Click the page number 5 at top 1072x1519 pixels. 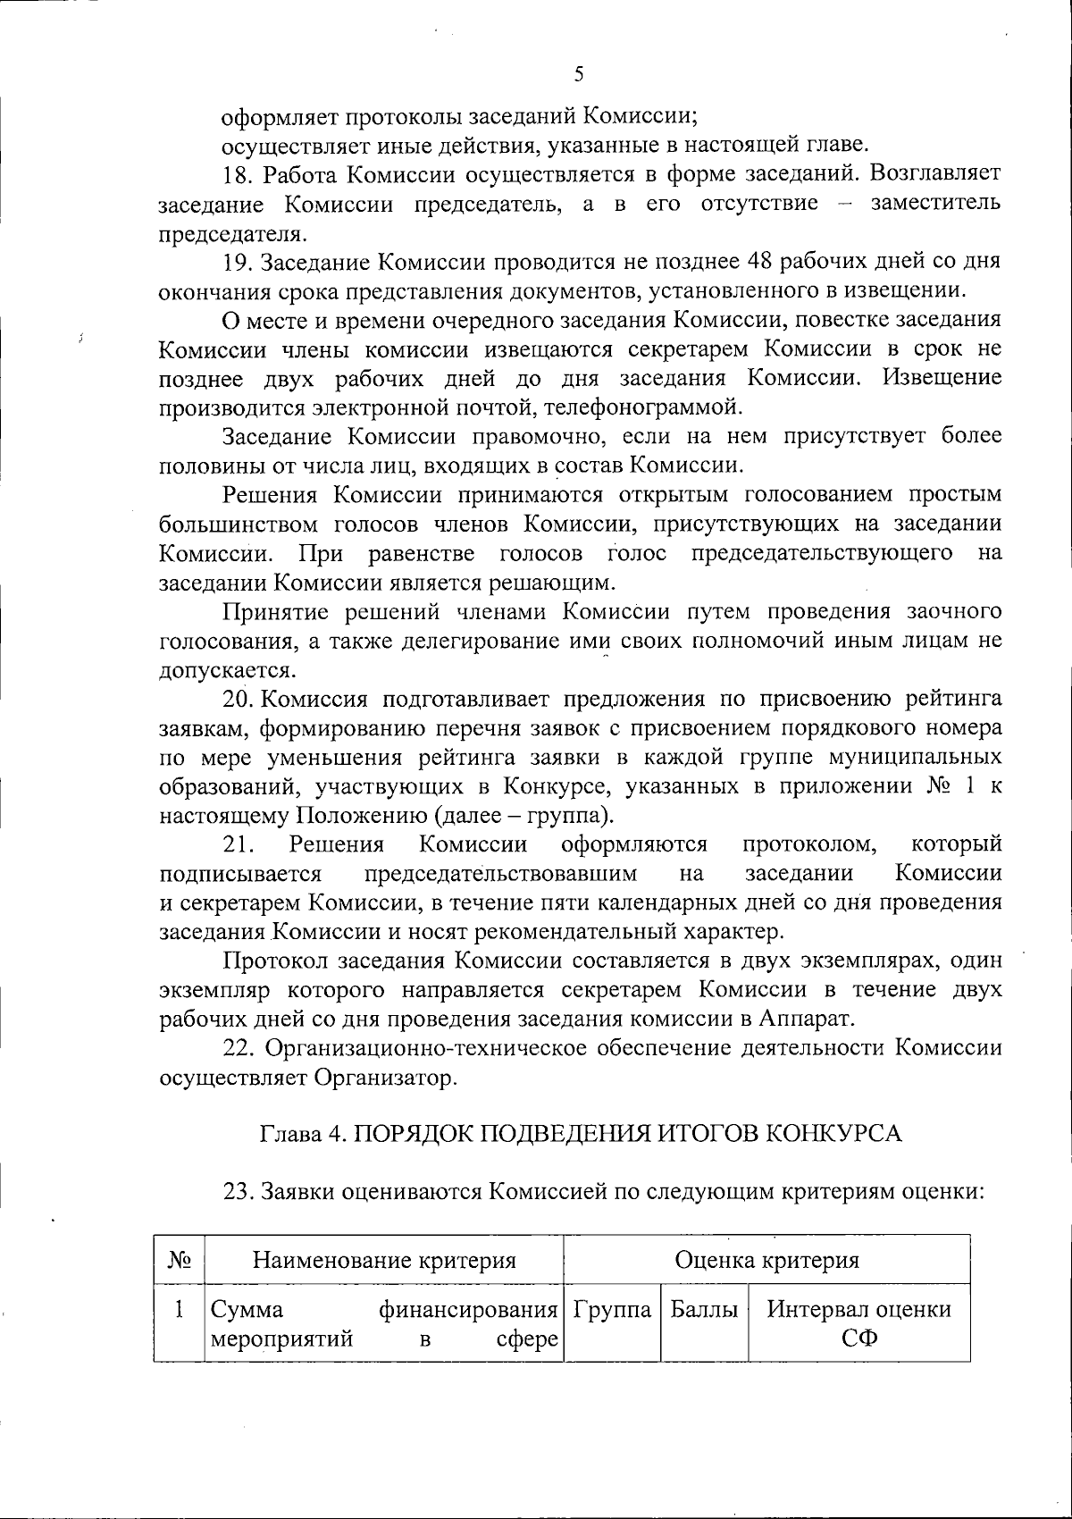[579, 75]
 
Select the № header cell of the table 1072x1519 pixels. [180, 1261]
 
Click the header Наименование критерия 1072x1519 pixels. [384, 1261]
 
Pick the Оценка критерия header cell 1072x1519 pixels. [766, 1261]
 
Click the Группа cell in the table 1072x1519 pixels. [613, 1311]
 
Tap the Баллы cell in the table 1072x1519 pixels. [704, 1311]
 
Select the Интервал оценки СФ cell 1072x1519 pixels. [859, 1322]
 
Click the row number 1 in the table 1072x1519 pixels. [180, 1311]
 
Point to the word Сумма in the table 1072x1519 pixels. [247, 1311]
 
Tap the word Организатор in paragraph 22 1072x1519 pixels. [386, 1078]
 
